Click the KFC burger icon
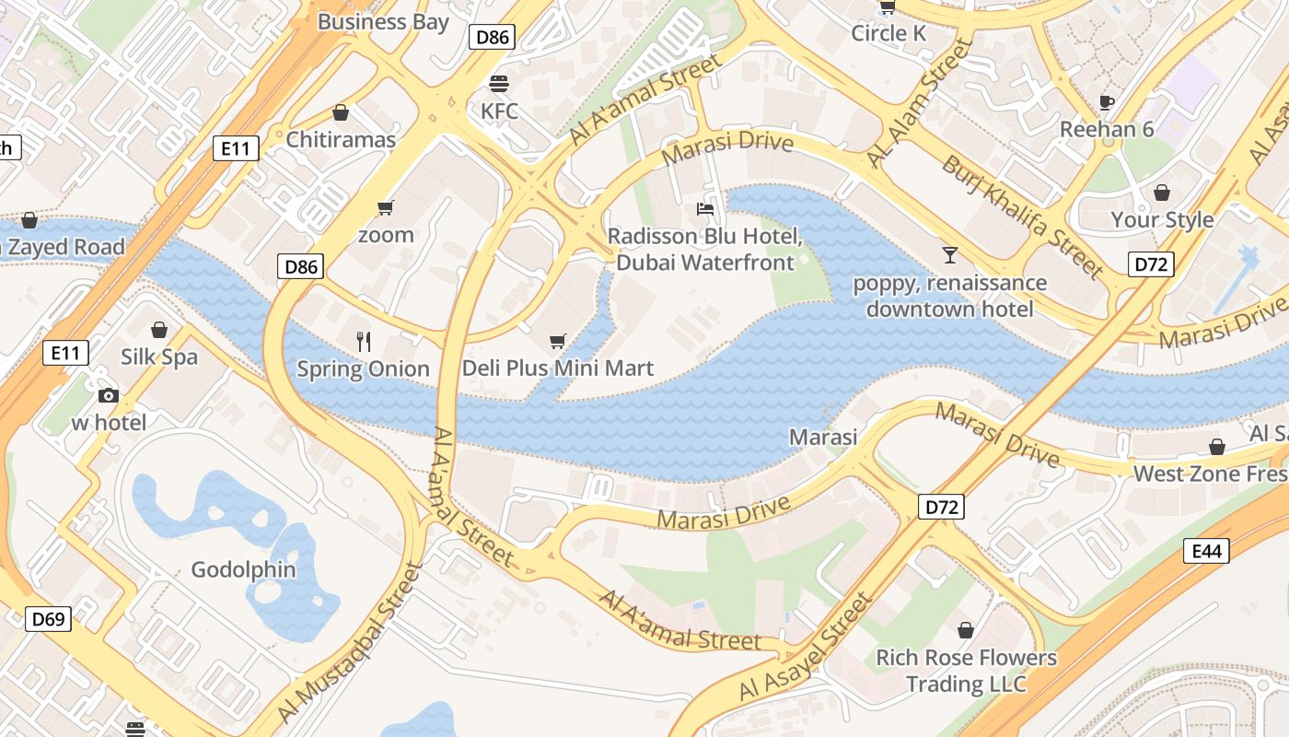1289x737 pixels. [x=499, y=84]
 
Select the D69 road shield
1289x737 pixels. [x=48, y=618]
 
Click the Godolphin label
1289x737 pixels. [x=243, y=569]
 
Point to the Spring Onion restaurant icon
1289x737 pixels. [x=364, y=342]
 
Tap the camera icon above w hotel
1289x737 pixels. [x=109, y=395]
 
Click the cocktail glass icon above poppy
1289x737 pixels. [x=949, y=254]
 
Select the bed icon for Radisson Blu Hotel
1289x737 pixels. [x=705, y=209]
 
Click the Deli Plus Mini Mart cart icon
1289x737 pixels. [x=557, y=342]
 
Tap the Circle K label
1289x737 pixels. [x=888, y=33]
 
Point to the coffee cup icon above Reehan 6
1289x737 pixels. [x=1107, y=101]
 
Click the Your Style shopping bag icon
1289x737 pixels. [x=1162, y=193]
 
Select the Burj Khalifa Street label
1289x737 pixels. [x=1022, y=216]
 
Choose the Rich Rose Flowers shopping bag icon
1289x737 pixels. [x=966, y=630]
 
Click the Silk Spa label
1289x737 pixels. [x=159, y=357]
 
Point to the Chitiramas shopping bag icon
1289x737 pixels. [x=341, y=112]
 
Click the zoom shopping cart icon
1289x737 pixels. [x=386, y=207]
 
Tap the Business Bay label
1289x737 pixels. [x=383, y=21]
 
